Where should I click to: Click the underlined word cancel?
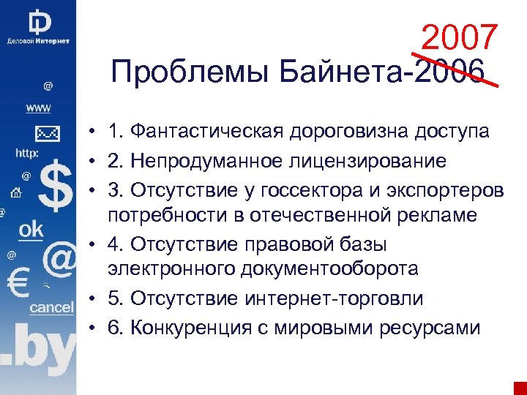tap(51, 308)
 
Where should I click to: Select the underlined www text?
tap(39, 108)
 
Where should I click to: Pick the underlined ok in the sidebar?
tap(31, 230)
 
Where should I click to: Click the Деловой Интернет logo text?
tap(38, 41)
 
